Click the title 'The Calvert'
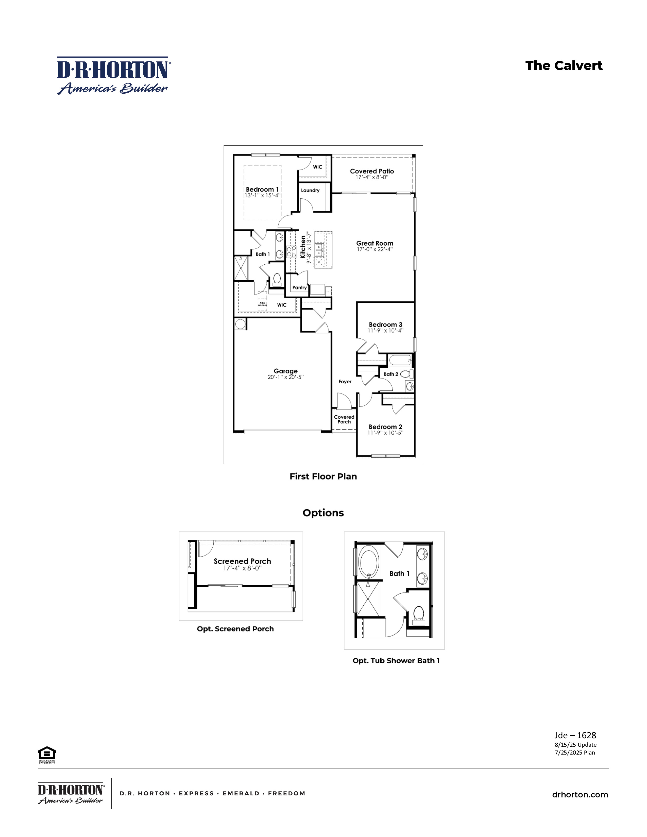[564, 66]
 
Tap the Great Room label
[374, 243]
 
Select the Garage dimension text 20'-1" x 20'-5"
[285, 377]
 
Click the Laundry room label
[310, 191]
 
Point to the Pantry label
[299, 288]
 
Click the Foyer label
[345, 382]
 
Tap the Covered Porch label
[344, 419]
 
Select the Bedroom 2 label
[385, 427]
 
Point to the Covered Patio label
[372, 171]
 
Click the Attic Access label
[262, 304]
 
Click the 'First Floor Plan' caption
[323, 476]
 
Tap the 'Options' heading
[323, 513]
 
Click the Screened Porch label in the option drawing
[242, 561]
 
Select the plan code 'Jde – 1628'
[575, 735]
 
